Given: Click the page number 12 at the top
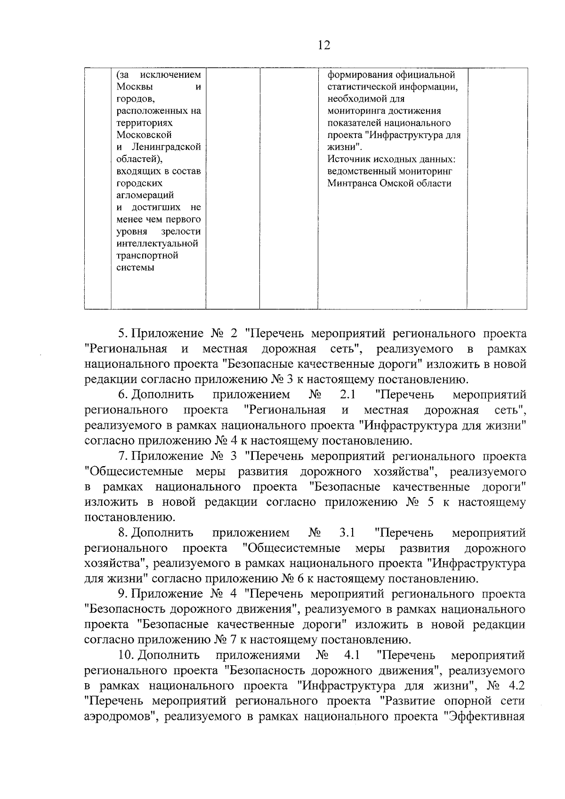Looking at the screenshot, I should [x=324, y=45].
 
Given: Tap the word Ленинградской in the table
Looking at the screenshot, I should [x=165, y=147].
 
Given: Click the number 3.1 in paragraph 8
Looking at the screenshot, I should [x=347, y=533].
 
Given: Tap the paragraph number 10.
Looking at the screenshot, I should [x=126, y=655].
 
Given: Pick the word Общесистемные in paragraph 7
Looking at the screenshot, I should [x=135, y=471].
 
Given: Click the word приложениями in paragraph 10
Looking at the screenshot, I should [x=258, y=655].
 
